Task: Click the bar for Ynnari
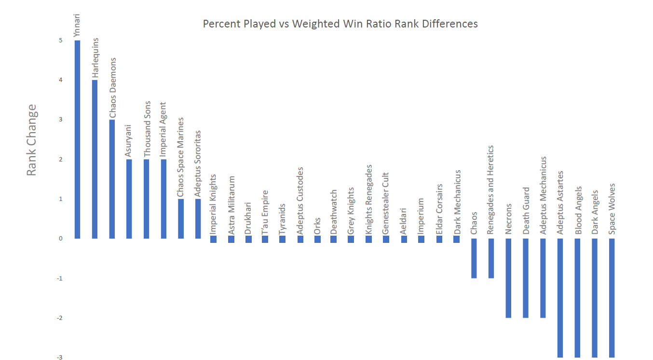tap(77, 139)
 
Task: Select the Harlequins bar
tap(95, 159)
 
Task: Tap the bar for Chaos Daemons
tap(112, 179)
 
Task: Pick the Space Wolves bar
tap(612, 298)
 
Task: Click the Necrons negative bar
tap(508, 278)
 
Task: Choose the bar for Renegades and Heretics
tap(491, 258)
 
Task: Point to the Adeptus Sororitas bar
tap(198, 218)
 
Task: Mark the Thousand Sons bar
tap(147, 199)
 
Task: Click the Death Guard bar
tap(526, 278)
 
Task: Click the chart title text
tap(340, 24)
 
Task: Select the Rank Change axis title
tap(31, 140)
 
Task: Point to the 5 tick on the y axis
tap(61, 40)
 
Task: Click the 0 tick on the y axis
tap(61, 239)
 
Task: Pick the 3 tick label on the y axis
tap(61, 120)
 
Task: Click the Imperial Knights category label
tap(213, 205)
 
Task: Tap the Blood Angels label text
tap(578, 211)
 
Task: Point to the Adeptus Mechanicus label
tap(543, 195)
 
